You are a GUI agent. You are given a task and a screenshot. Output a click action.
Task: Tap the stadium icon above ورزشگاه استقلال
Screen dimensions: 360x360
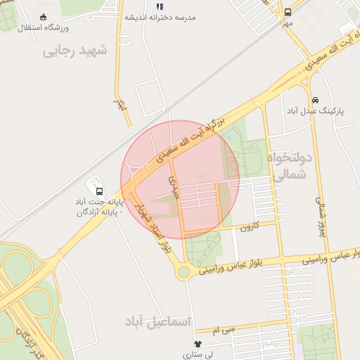(x=44, y=16)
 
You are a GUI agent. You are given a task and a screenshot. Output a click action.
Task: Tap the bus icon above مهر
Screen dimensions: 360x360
(x=287, y=13)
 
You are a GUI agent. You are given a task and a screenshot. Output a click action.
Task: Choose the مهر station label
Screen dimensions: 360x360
(x=287, y=23)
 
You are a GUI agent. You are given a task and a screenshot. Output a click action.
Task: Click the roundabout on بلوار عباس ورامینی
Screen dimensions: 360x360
(x=184, y=271)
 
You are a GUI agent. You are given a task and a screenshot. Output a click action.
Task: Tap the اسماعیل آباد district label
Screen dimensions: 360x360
(x=157, y=321)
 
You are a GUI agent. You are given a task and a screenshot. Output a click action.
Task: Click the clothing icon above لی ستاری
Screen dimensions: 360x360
(x=197, y=344)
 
